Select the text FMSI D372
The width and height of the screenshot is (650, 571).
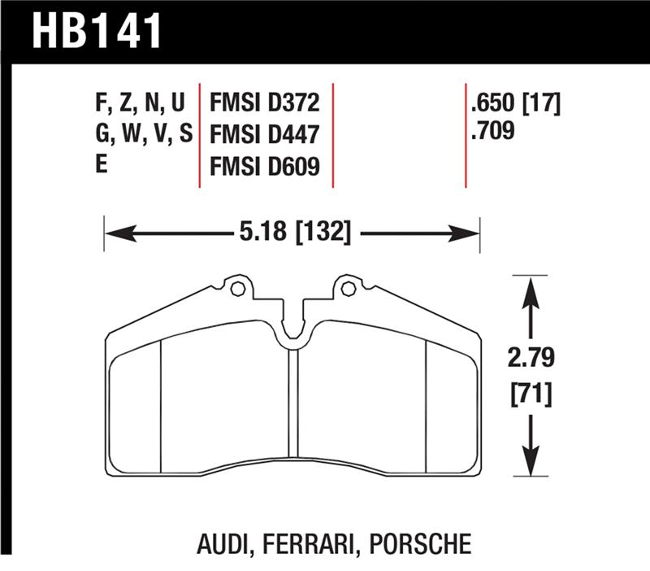coord(264,104)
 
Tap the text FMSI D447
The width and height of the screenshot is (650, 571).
coord(264,135)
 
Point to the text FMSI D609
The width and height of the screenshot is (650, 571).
coord(264,166)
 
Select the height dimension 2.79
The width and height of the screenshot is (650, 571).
coord(531,358)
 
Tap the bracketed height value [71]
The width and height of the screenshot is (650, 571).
coord(531,395)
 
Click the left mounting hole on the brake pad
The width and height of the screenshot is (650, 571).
coord(236,288)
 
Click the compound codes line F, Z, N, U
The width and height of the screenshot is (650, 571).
coord(137,104)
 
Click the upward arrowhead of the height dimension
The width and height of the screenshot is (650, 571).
coord(531,288)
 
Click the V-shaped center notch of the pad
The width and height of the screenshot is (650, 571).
coord(293,338)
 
